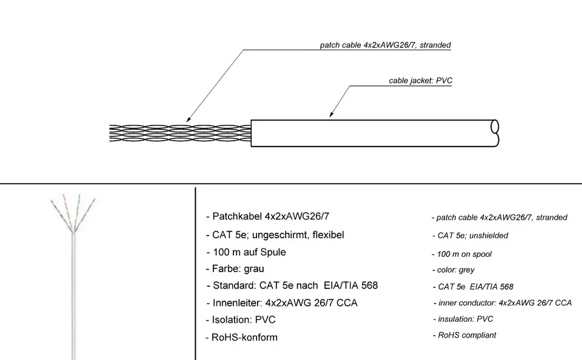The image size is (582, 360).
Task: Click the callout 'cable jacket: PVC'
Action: point(421,81)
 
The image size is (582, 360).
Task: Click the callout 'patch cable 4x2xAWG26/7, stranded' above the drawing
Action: point(386,45)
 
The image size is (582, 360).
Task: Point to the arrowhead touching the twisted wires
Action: point(189,119)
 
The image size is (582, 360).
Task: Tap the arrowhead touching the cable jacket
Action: point(332,114)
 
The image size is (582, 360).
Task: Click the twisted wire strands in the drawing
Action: point(180,133)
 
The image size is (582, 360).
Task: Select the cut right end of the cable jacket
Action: point(495,133)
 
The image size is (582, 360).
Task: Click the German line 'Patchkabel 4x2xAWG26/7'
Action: point(270,216)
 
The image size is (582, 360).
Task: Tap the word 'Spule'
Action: point(273,252)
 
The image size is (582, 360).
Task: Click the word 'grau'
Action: point(254,269)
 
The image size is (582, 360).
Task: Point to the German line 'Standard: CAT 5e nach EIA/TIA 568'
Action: point(295,285)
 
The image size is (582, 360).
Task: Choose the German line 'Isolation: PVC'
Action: point(244,320)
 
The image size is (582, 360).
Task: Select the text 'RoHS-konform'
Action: point(244,338)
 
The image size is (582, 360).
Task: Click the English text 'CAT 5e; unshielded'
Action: point(472,236)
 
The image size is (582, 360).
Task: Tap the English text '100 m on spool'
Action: point(464,254)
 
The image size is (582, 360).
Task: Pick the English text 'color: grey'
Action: point(455,270)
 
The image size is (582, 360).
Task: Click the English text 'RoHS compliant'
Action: point(467,335)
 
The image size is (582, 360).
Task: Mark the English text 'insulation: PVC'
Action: point(466,319)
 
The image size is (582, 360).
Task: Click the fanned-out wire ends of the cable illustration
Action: point(73,213)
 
